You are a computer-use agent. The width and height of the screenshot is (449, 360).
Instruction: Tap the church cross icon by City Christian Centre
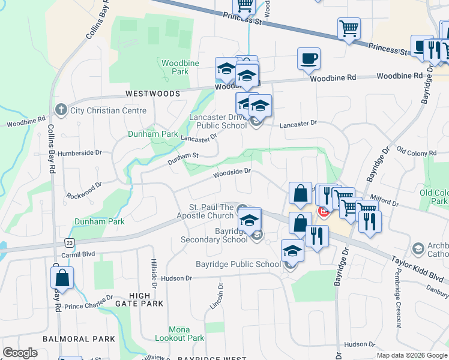tap(60, 110)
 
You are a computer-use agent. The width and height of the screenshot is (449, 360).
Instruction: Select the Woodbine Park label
tap(175, 67)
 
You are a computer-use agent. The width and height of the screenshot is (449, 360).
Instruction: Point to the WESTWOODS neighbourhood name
tap(152, 94)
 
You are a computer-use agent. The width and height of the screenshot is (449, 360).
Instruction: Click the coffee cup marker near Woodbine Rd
tap(309, 59)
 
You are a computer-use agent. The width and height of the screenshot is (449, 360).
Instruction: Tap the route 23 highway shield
tap(70, 243)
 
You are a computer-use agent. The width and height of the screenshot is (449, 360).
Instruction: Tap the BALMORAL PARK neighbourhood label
tap(79, 339)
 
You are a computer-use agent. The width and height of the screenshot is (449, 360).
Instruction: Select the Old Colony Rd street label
tap(418, 152)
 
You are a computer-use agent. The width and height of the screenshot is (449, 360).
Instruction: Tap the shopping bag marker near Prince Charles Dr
tap(62, 278)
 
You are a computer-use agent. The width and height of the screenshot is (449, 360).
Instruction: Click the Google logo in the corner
tap(20, 353)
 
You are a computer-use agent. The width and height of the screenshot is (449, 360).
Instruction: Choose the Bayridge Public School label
tap(238, 264)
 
